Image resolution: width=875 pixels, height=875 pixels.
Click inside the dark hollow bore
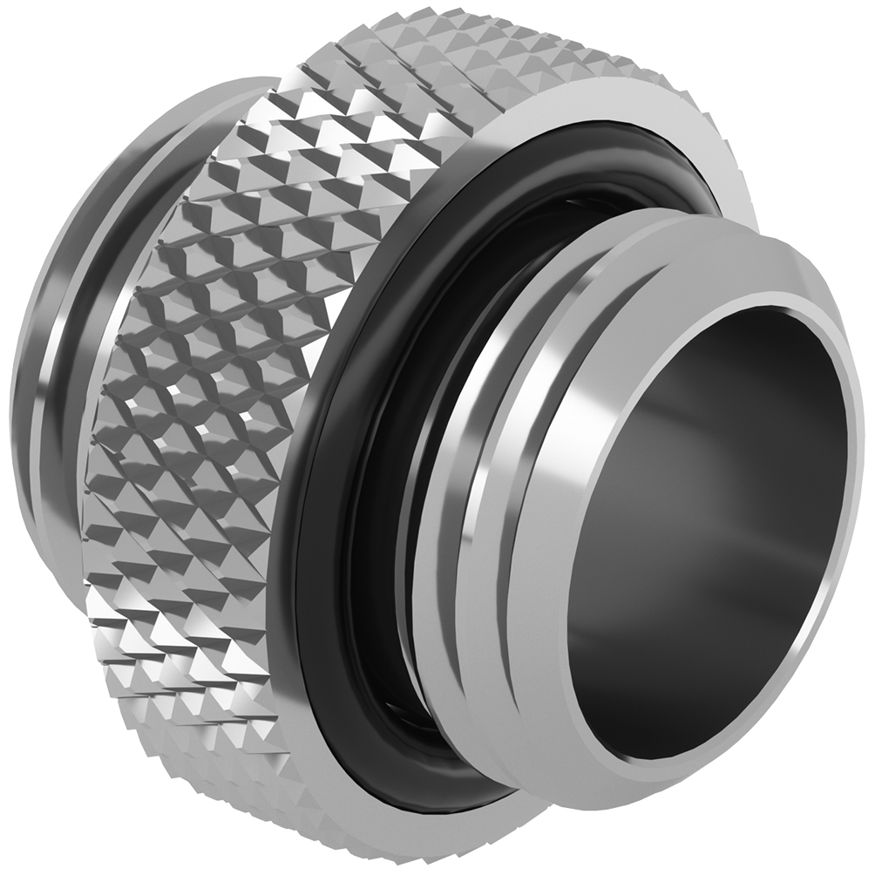coord(697,523)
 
